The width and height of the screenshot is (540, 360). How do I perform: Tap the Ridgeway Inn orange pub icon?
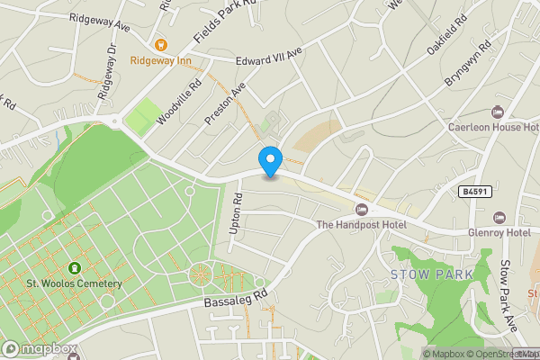161,44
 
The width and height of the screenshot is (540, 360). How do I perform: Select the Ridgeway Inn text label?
161,61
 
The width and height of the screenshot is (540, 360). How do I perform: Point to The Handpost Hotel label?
361,224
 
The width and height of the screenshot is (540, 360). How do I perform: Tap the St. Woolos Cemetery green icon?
73,267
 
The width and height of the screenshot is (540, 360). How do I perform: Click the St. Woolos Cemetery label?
74,284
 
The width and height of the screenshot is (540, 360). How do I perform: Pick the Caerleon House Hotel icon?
498,112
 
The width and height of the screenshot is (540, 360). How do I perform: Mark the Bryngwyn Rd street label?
468,62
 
